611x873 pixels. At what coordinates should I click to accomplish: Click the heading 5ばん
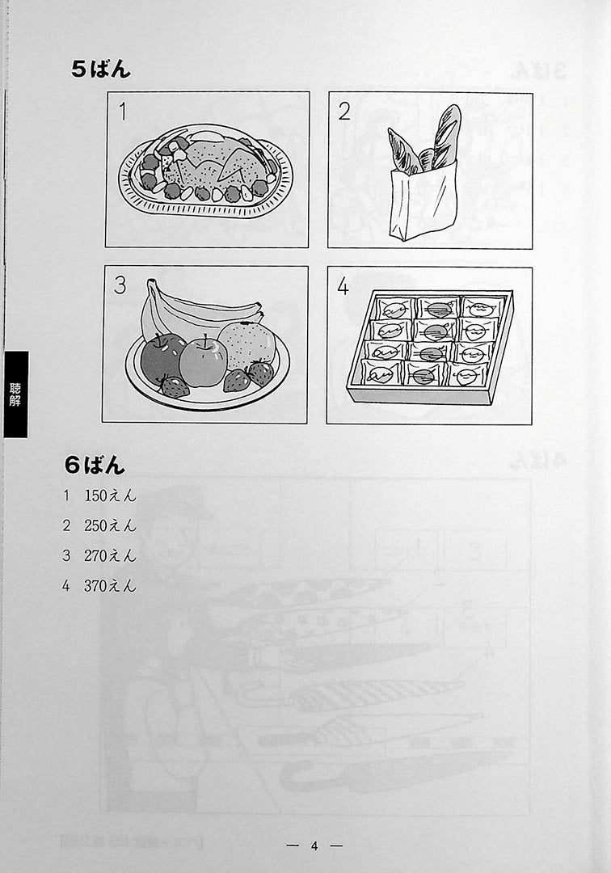tap(101, 69)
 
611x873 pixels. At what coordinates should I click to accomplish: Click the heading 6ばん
tap(95, 465)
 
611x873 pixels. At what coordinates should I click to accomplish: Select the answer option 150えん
tap(110, 495)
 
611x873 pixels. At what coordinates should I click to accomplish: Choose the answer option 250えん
tap(110, 525)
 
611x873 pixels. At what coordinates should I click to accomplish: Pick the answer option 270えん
tap(110, 555)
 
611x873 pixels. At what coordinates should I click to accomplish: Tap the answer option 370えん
tap(110, 585)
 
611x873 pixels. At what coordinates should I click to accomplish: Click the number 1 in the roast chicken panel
tap(123, 112)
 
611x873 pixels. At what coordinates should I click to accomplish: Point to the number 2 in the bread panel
tap(344, 112)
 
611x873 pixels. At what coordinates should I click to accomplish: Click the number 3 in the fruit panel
tap(120, 285)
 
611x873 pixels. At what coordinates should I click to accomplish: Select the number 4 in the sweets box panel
tap(343, 286)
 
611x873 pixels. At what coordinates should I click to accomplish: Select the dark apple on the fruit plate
tap(162, 358)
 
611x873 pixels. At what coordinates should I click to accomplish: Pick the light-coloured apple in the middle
tap(203, 361)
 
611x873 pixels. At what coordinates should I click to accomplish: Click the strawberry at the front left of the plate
tap(175, 386)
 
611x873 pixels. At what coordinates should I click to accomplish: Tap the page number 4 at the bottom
tap(314, 846)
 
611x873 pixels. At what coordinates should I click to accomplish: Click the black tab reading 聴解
tap(15, 394)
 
